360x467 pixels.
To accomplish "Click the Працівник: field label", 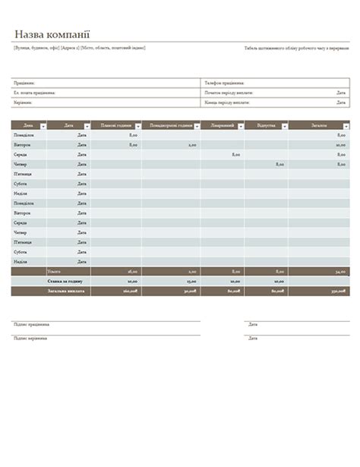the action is tap(24, 82).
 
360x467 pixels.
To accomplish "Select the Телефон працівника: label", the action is tap(224, 82).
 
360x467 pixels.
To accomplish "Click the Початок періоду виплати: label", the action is tap(229, 92).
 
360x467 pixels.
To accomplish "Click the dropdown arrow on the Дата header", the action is tap(85, 126).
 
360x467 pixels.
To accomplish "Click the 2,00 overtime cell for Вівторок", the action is tap(192, 144).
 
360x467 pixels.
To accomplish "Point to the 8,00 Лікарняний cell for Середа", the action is tap(235, 154).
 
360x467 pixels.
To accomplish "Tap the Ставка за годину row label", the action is tap(68, 280).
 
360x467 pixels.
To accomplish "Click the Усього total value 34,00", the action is tap(339, 271).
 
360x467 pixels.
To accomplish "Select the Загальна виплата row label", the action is tap(68, 290).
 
